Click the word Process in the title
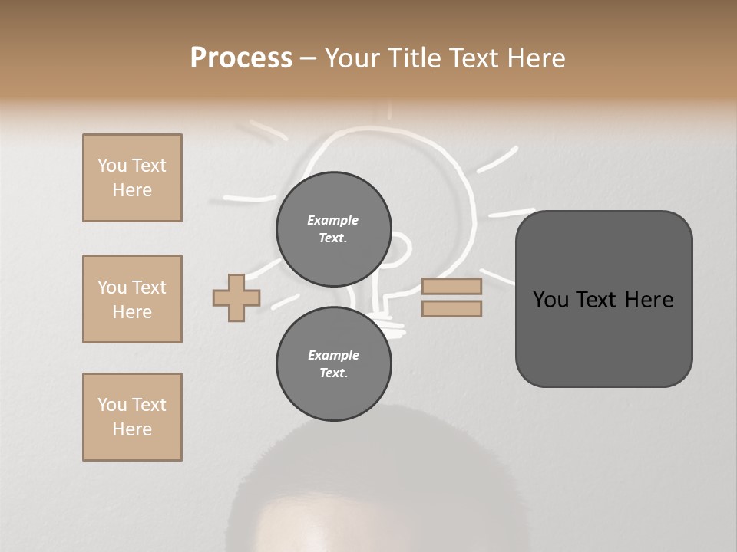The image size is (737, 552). click(241, 58)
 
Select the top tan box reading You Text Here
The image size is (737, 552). click(132, 178)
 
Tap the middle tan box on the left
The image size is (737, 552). click(132, 299)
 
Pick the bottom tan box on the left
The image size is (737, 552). click(132, 417)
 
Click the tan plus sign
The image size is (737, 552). click(236, 297)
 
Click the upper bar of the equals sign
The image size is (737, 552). click(451, 286)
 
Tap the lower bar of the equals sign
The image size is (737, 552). click(451, 309)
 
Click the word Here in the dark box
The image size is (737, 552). click(649, 300)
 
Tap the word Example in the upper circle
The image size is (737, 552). click(333, 220)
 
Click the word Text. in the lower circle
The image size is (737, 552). click(333, 373)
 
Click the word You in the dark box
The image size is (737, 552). click(552, 300)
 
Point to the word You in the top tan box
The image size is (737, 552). click(112, 166)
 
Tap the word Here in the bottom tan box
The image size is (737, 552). click(132, 429)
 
